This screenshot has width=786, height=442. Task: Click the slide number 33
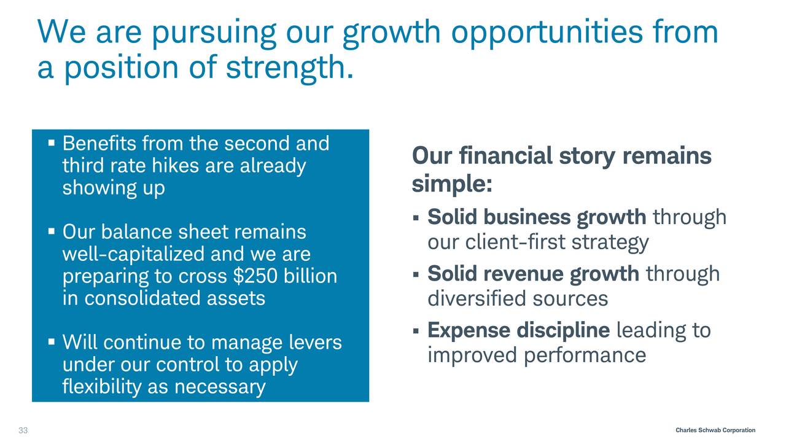point(23,430)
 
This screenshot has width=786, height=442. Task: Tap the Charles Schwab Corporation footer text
point(715,430)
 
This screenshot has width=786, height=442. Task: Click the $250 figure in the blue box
point(255,276)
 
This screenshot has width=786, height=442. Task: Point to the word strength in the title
point(289,68)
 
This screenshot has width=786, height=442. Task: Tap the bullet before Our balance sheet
point(52,231)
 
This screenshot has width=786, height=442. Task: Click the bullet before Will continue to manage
point(52,342)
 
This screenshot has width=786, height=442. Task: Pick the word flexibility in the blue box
point(102,387)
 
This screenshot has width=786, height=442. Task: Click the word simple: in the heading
point(452,184)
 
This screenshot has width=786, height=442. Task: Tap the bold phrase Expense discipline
point(519,330)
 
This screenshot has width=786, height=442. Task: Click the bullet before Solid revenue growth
point(416,274)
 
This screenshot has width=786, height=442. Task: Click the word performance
point(585,355)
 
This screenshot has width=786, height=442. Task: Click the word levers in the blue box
point(316,342)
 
